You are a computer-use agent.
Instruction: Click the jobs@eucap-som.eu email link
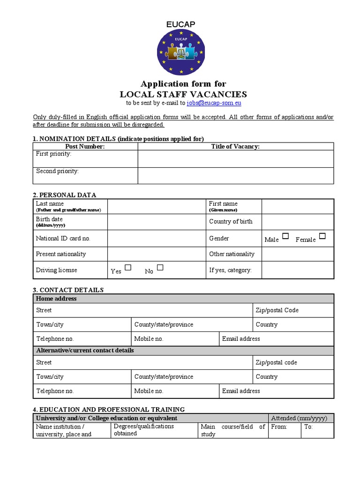[x=214, y=103]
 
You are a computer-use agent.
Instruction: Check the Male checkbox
[x=285, y=236]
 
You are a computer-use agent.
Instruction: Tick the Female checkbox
[x=322, y=236]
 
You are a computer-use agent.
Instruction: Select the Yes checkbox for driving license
[x=128, y=268]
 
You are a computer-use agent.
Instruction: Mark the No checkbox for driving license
[x=160, y=268]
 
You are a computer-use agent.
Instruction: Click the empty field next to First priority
[x=236, y=158]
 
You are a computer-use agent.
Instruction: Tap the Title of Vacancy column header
[x=235, y=146]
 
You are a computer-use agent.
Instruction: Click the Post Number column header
[x=85, y=146]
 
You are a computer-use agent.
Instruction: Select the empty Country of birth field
[x=297, y=222]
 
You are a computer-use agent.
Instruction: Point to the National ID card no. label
[x=63, y=239]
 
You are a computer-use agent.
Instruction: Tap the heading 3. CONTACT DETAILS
[x=68, y=290]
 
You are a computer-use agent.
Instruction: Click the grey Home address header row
[x=183, y=299]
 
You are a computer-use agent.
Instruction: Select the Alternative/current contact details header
[x=183, y=351]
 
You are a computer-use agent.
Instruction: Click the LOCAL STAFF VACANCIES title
[x=183, y=94]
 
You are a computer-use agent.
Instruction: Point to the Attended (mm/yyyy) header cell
[x=300, y=418]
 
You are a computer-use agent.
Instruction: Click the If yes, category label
[x=230, y=270]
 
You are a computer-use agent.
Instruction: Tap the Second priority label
[x=58, y=171]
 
